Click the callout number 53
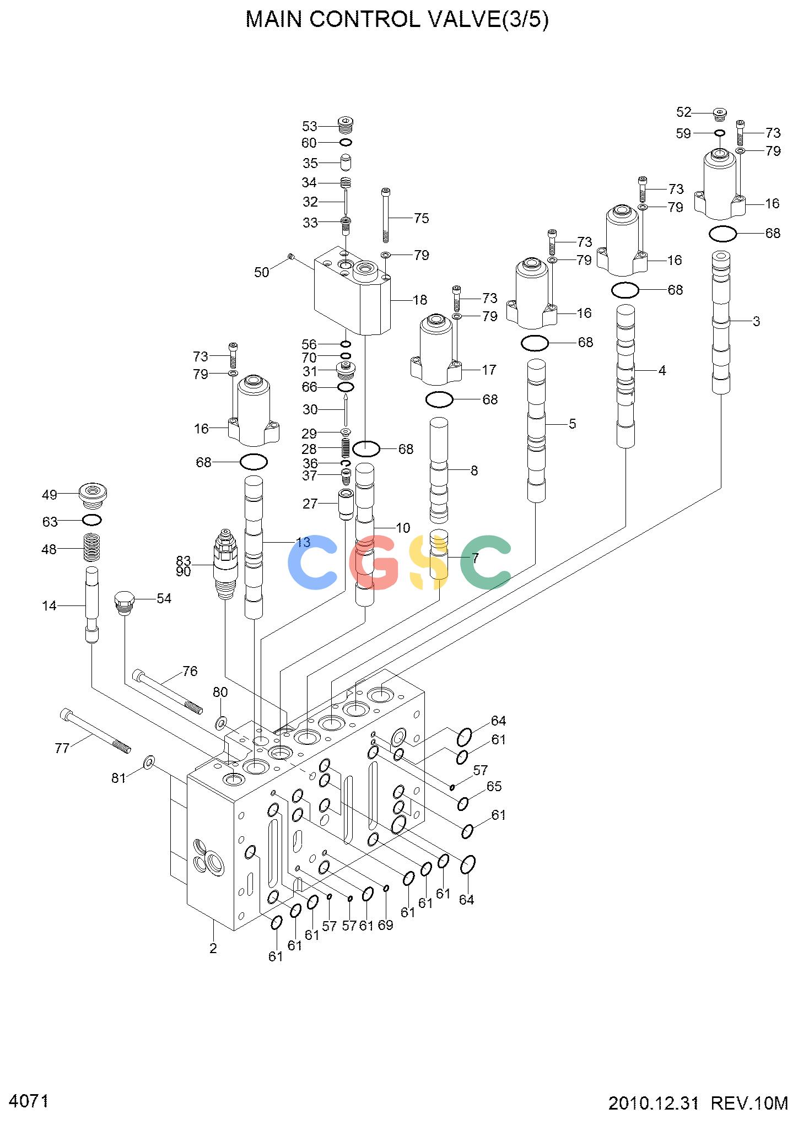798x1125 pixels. tap(310, 126)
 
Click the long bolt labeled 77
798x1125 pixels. tap(95, 731)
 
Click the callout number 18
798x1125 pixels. tap(420, 300)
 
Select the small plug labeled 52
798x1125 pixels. tap(720, 114)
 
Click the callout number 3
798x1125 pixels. tap(756, 321)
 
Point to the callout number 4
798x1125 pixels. tap(662, 371)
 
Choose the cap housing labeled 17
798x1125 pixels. tap(436, 349)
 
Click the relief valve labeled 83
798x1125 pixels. tap(225, 564)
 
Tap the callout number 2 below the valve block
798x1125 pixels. tap(213, 948)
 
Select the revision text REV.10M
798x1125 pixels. tap(750, 1104)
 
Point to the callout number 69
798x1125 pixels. tap(386, 924)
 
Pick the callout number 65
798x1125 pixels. tap(494, 786)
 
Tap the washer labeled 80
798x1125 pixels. tap(220, 722)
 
